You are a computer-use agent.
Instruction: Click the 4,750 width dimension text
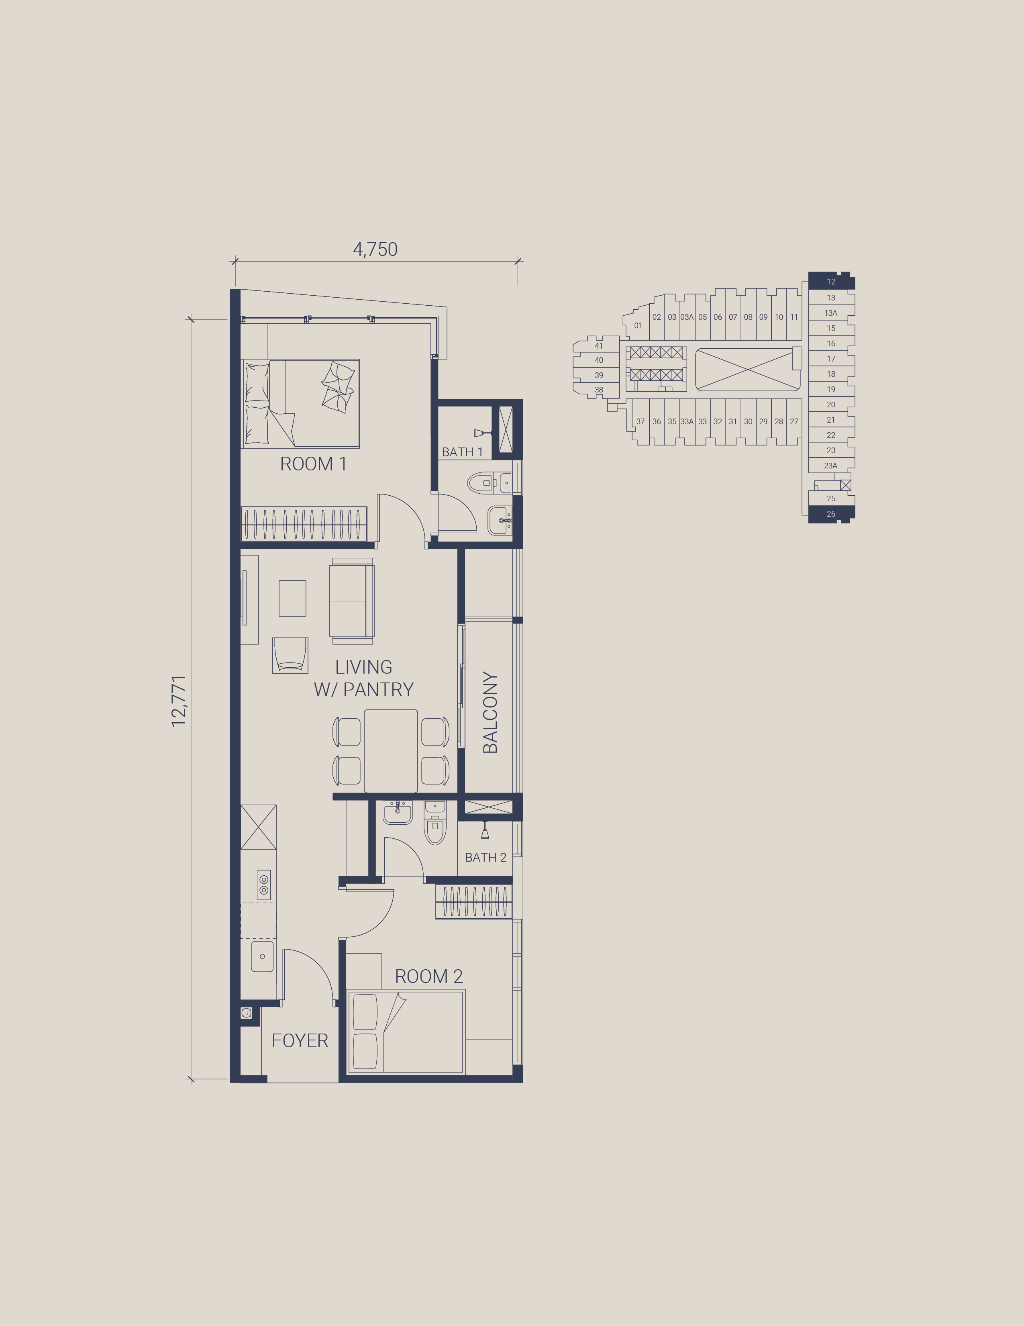coord(375,249)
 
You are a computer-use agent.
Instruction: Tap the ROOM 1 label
coord(313,464)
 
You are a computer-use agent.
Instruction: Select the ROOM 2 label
coord(428,976)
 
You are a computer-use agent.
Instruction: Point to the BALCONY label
coord(490,713)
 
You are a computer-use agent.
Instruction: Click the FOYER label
coord(300,1041)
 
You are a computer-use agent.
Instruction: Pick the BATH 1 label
coord(462,452)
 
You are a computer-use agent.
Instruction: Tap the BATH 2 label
coord(485,857)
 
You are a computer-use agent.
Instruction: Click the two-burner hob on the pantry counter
coord(263,885)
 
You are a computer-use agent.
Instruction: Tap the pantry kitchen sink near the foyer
coord(262,956)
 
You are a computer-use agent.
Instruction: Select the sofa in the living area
coord(351,601)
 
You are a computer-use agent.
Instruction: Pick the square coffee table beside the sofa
coord(293,598)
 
